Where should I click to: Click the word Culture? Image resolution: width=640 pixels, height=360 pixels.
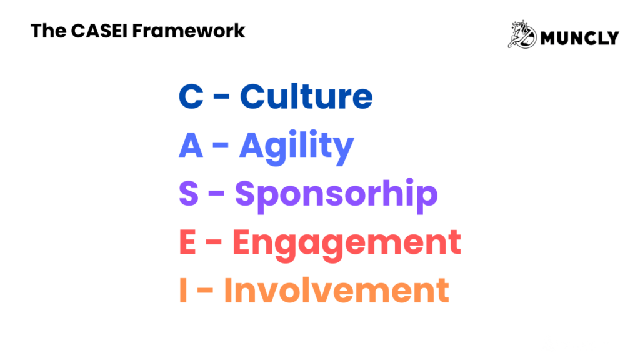(306, 97)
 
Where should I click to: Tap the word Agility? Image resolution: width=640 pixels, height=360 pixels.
(296, 146)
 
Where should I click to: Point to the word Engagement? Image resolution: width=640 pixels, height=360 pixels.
(347, 243)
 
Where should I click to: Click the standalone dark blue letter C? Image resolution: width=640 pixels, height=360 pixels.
(191, 97)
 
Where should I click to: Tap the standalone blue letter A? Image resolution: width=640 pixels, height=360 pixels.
(191, 146)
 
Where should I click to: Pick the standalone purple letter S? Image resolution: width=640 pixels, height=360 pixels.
(189, 194)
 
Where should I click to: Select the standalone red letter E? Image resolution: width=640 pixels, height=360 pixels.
(188, 242)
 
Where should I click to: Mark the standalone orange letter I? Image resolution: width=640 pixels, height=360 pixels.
(183, 291)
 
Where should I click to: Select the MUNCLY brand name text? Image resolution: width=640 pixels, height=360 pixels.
(579, 38)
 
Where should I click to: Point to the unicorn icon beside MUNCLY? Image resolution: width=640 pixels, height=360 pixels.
(522, 35)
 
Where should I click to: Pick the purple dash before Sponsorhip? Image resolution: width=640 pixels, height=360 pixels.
(217, 196)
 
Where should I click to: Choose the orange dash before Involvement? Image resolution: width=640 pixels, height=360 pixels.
(206, 292)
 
